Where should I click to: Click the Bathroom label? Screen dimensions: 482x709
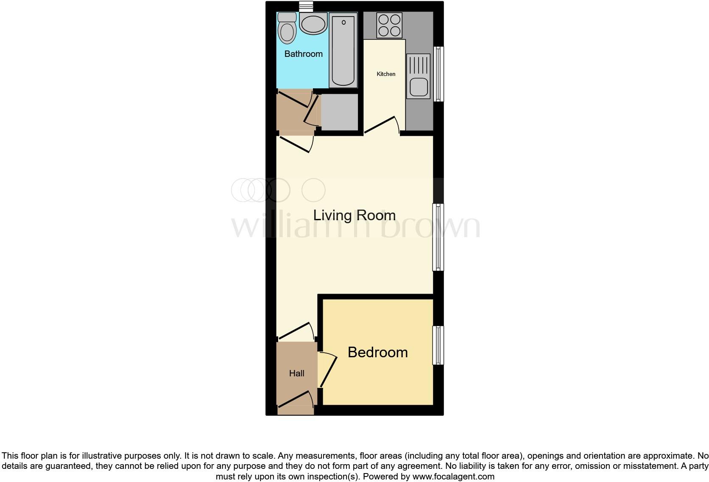point(303,54)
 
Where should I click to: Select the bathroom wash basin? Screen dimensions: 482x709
point(313,23)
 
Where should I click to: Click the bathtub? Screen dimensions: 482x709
point(343,50)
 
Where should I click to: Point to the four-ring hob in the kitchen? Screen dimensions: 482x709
point(389,25)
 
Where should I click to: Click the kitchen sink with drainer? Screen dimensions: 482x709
point(419,76)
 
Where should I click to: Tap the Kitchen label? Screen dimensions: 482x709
point(386,74)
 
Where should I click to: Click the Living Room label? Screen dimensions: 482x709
point(354,215)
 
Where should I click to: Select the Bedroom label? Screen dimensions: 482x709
point(377,352)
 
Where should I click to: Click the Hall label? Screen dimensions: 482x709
point(296,373)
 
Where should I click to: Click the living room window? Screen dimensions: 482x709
point(438,237)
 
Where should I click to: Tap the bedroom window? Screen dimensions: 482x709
point(438,345)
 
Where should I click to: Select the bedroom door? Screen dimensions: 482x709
point(328,370)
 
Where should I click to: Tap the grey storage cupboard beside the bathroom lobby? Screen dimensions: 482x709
point(339,112)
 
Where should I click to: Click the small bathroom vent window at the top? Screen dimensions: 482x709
point(306,6)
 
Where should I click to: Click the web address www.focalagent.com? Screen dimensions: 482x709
point(453,476)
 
